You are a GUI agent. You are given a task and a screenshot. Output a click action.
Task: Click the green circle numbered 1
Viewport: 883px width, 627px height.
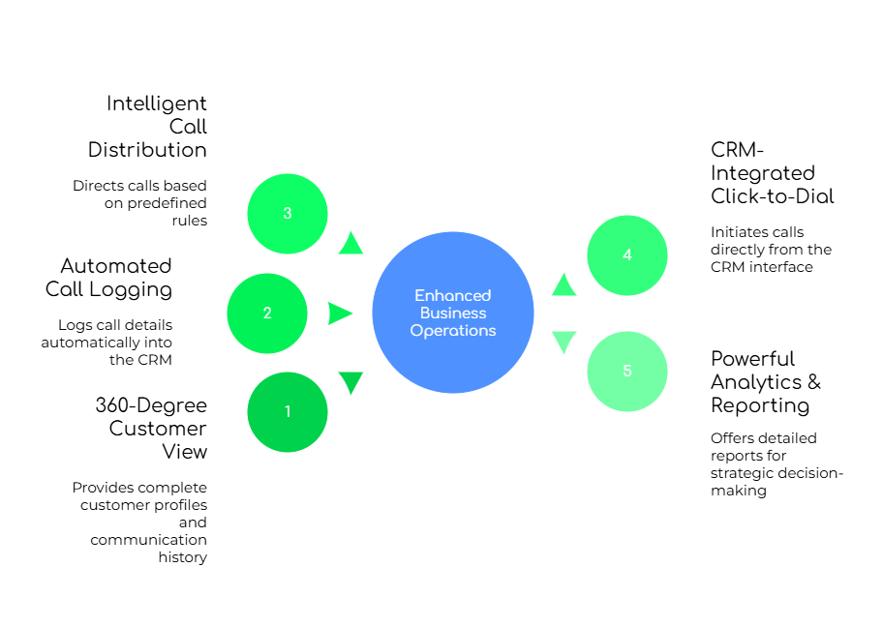pos(288,412)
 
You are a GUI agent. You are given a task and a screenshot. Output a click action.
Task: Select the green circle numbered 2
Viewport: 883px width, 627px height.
pos(267,313)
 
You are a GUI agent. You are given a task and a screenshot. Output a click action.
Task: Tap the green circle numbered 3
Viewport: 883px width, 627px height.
pos(288,214)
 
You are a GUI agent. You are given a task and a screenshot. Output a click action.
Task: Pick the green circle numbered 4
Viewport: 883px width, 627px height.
pos(627,255)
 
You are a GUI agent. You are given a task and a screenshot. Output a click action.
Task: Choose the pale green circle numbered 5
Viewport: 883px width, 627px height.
pos(627,372)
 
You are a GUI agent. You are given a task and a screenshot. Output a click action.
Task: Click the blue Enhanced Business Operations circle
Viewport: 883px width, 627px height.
pos(453,313)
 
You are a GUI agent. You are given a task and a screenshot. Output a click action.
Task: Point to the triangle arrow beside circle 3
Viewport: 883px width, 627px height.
pos(350,244)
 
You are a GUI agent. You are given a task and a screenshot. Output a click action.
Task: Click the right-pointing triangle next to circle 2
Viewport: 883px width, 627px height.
pos(340,313)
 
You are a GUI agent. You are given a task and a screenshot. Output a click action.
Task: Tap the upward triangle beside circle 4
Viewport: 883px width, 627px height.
pos(563,284)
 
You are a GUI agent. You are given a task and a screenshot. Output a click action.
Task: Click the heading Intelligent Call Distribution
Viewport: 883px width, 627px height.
pos(147,127)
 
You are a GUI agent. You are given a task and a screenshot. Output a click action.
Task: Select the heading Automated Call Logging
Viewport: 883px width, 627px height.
pos(108,278)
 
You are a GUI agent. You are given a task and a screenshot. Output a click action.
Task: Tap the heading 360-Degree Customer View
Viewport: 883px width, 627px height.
pos(151,429)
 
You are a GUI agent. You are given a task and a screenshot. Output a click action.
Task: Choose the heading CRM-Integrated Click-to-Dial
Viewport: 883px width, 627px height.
pos(772,173)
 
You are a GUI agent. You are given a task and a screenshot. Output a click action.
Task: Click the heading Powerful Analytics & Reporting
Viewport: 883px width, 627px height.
pos(766,382)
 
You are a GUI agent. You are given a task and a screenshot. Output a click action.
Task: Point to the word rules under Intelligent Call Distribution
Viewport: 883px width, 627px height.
pos(190,221)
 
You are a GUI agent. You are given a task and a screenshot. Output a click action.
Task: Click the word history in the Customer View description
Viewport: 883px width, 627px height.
pos(182,557)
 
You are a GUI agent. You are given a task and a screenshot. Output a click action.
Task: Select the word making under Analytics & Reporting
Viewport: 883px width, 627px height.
pos(739,491)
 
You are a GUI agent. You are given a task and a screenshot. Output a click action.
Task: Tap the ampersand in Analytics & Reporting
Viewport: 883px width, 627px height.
pos(814,381)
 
